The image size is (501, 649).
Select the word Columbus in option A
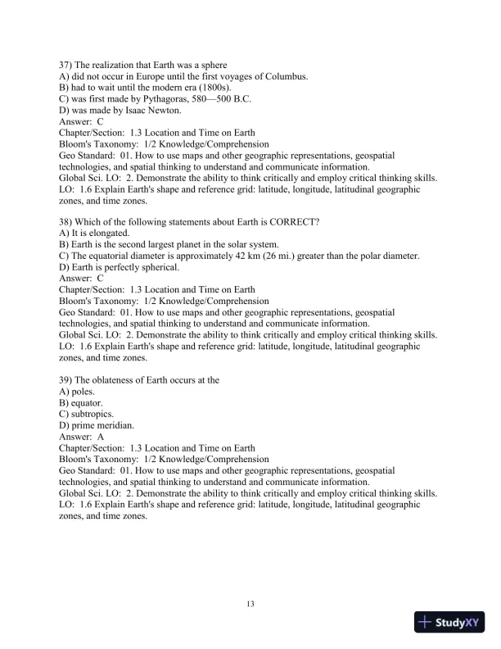[283, 76]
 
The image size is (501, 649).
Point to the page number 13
[250, 605]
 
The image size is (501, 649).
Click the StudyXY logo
[451, 622]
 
